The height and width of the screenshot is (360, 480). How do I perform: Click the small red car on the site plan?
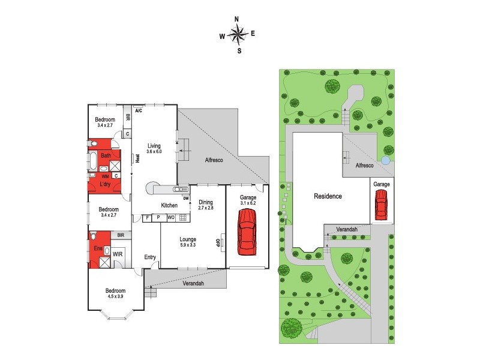pyautogui.click(x=381, y=205)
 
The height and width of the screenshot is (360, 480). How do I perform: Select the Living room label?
pyautogui.click(x=154, y=145)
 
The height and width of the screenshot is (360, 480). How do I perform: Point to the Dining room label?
pyautogui.click(x=205, y=202)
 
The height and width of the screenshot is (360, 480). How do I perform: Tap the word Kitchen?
pyautogui.click(x=169, y=206)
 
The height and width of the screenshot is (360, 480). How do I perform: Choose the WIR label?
pyautogui.click(x=118, y=254)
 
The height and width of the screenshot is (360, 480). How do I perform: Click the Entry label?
pyautogui.click(x=150, y=257)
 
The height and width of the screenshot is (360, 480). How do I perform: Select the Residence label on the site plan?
pyautogui.click(x=328, y=196)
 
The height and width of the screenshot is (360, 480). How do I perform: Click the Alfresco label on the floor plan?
pyautogui.click(x=214, y=160)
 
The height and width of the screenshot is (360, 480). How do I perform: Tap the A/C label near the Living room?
pyautogui.click(x=138, y=111)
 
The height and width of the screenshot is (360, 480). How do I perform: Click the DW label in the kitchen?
pyautogui.click(x=186, y=199)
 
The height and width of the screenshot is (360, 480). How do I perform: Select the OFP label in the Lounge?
pyautogui.click(x=218, y=242)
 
